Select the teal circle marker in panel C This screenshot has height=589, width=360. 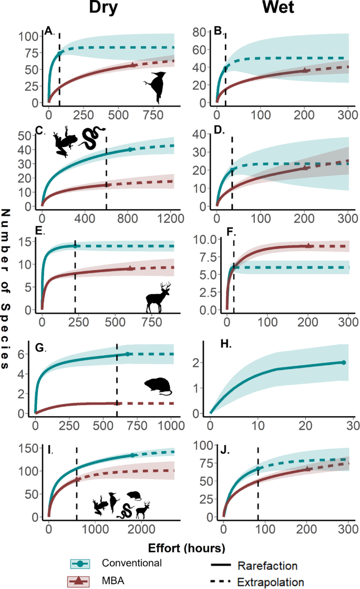130,150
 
